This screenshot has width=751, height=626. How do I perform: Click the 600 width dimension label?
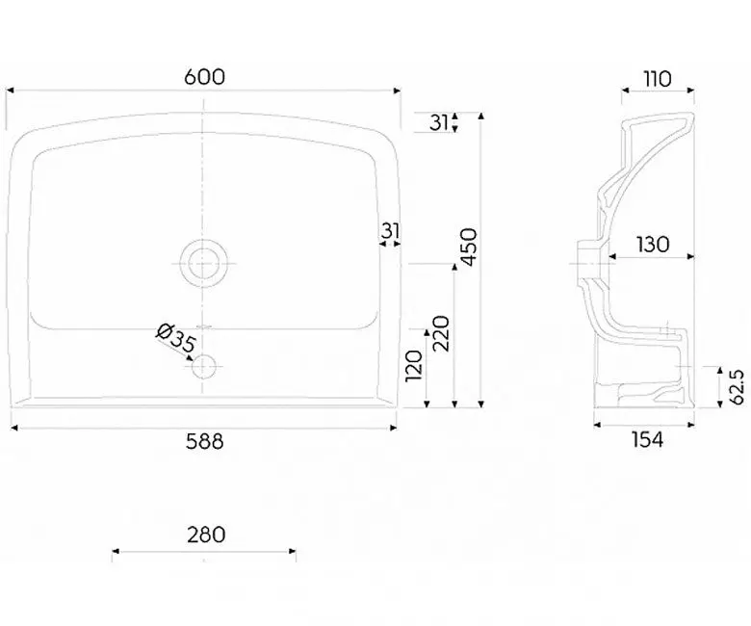(x=204, y=77)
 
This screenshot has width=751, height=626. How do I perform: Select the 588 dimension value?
(x=204, y=442)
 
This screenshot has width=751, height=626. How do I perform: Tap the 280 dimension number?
(x=206, y=535)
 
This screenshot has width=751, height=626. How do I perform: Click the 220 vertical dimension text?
(x=441, y=333)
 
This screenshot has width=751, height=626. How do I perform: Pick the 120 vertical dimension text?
(x=414, y=366)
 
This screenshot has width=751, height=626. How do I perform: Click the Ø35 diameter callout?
(x=176, y=338)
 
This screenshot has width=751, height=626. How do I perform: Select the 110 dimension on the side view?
(x=658, y=79)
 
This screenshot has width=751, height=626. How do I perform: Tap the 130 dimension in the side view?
(x=653, y=245)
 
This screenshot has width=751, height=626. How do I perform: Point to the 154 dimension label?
(x=648, y=440)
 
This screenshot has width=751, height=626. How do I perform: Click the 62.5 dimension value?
(x=738, y=387)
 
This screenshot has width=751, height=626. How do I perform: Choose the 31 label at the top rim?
(x=438, y=122)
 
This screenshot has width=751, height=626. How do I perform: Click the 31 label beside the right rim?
(x=391, y=231)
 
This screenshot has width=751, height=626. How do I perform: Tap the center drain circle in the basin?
(x=203, y=264)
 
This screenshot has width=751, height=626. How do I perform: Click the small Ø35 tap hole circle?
(x=203, y=367)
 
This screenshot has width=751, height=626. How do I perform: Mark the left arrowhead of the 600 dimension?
(x=9, y=90)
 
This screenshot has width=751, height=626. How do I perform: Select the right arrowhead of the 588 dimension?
(x=394, y=428)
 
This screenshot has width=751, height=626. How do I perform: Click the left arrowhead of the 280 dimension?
(x=116, y=551)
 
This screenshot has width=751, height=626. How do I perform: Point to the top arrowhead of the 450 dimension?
(x=481, y=116)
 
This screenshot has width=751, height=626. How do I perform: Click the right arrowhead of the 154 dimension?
(x=691, y=425)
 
